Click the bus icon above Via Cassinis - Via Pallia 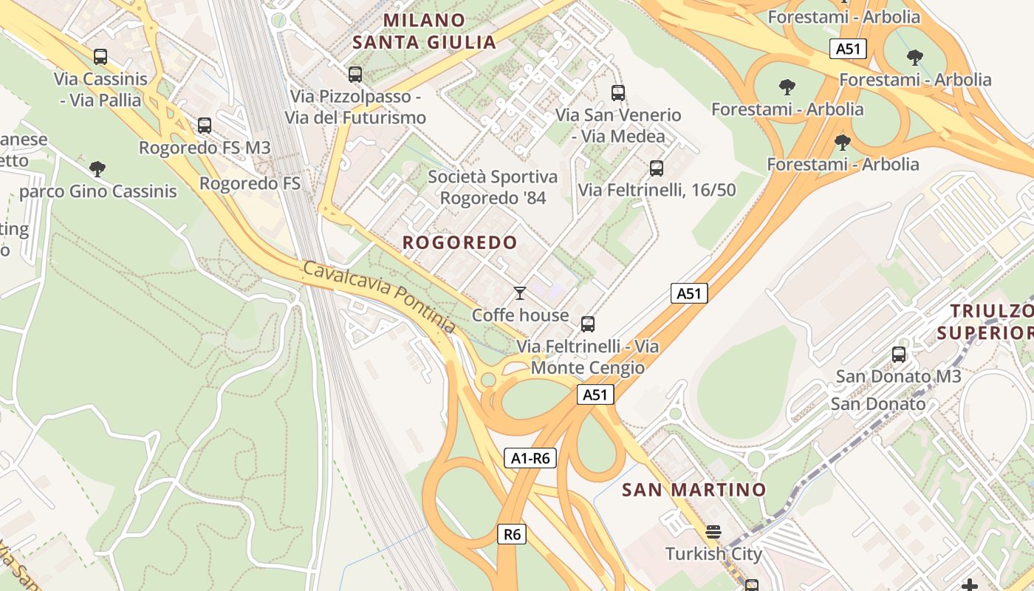coord(100,57)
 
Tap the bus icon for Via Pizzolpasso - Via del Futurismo coord(355,75)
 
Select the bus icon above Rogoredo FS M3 coord(205,126)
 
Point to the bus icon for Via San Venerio coord(618,93)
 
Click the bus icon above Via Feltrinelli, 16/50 coord(656,168)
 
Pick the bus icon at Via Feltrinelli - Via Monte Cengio coord(588,324)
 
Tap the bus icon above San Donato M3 coord(899,355)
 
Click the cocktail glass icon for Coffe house coord(520,293)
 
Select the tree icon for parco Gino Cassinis coord(97,169)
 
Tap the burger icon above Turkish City coord(713,532)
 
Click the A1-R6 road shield coord(531,458)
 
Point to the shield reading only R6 coord(512,534)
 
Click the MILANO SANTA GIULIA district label coord(425,31)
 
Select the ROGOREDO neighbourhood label coord(459,242)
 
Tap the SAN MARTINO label coord(694,490)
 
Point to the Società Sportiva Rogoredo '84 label coord(493,188)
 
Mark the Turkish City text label coord(713,553)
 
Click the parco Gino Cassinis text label coord(98,191)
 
